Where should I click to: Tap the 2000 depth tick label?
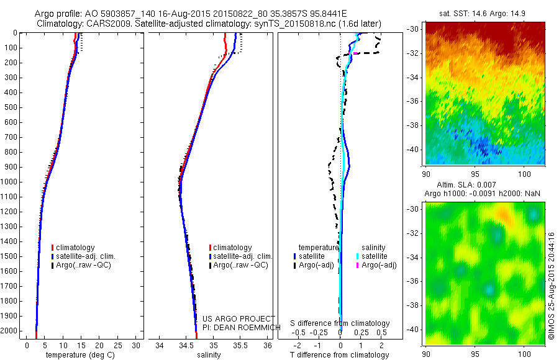[x=10, y=331]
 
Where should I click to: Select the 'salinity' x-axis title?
[x=208, y=355]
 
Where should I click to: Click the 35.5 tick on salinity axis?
[x=240, y=344]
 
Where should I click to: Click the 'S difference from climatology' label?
[x=340, y=323]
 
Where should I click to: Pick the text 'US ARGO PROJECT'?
[x=230, y=318]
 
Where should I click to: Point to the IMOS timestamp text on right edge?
[x=552, y=286]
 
